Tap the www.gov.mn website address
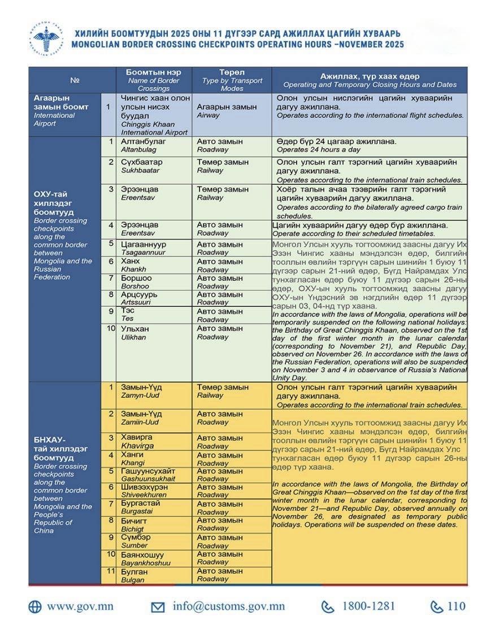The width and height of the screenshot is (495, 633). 80,606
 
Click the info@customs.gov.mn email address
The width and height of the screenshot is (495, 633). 228,606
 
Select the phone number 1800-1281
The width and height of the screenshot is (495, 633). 368,606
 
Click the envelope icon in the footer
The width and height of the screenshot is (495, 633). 158,607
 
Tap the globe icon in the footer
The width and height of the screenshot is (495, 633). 35,607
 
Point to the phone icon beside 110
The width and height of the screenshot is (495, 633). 436,607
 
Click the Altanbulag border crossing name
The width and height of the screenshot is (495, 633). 144,145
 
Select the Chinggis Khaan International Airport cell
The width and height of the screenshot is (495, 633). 154,115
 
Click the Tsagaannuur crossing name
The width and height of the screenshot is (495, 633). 144,248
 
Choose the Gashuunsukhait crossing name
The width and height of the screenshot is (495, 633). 148,475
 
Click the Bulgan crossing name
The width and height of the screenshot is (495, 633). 134,575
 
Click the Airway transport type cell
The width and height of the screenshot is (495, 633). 227,110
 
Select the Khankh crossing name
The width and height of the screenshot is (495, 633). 133,265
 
